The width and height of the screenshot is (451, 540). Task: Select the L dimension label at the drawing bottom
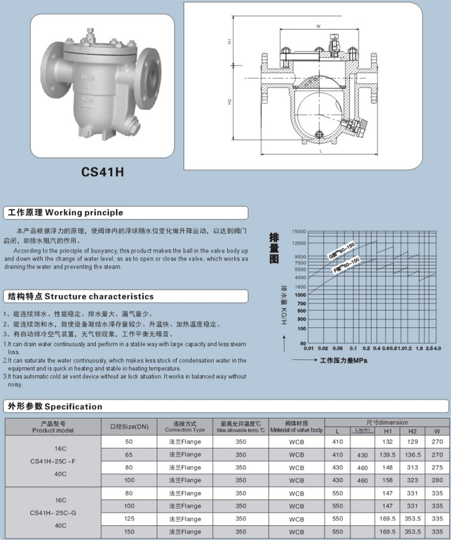320,151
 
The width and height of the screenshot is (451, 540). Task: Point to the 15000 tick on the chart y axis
299,231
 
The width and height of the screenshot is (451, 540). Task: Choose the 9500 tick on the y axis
300,256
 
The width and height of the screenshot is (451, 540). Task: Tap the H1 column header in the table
388,431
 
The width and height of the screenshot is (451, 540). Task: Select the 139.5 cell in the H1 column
388,454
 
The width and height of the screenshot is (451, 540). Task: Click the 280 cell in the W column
437,480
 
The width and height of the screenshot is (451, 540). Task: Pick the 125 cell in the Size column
129,519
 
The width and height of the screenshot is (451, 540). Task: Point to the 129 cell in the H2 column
413,441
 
